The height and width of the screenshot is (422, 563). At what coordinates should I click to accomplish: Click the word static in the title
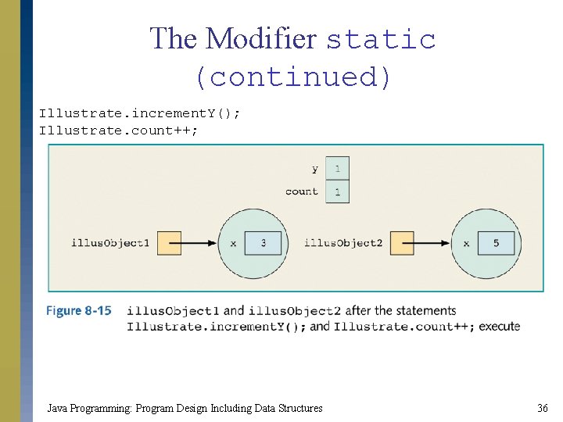click(380, 39)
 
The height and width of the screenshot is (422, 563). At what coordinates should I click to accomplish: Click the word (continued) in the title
click(292, 77)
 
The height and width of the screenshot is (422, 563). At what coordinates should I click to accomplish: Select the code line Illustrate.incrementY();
click(140, 113)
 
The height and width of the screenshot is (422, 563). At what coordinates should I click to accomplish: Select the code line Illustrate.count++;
click(119, 130)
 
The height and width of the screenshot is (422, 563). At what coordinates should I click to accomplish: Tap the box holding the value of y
click(337, 168)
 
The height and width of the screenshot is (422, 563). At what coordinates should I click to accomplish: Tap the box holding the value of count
click(337, 191)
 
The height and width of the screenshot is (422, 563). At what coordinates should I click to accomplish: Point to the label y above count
click(314, 169)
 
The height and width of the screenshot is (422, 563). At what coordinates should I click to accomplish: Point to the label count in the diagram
click(302, 191)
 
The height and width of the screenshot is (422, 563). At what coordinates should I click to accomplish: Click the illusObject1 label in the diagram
click(109, 243)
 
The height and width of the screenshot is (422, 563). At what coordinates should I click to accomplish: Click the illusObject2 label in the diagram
click(343, 243)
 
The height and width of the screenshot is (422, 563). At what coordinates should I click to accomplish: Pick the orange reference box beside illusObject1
click(168, 243)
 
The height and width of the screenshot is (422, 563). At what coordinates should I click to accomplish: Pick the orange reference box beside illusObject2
click(402, 243)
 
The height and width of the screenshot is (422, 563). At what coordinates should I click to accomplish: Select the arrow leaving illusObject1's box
click(199, 243)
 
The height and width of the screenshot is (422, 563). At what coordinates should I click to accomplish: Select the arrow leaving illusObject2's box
click(432, 243)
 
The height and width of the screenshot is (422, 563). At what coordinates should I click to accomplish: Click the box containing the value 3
click(263, 243)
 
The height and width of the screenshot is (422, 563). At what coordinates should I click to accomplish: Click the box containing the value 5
click(496, 243)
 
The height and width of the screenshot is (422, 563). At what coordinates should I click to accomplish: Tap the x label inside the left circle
click(233, 244)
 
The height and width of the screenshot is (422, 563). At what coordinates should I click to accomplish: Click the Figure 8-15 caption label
click(78, 311)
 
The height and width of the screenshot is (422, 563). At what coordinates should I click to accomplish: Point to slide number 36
click(542, 408)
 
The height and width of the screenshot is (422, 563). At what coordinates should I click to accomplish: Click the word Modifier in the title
click(262, 38)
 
